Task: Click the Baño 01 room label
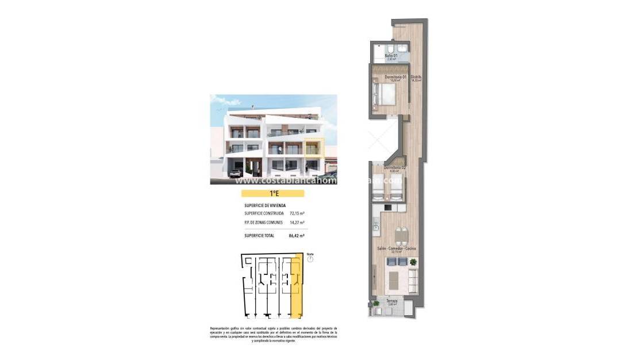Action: coord(391,56)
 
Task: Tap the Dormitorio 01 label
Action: coord(395,77)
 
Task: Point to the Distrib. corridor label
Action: coord(416,77)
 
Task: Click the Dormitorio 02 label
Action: coord(395,167)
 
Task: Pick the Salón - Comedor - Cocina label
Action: coord(396,248)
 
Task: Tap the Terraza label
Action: coord(391,301)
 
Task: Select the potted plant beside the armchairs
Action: coord(413,262)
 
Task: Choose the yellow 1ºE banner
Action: coord(272,194)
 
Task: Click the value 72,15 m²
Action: coord(297,213)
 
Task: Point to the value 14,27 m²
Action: coord(297,223)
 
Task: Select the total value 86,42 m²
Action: coord(297,235)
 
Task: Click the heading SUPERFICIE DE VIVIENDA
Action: coord(265,205)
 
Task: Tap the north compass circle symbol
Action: coord(310,259)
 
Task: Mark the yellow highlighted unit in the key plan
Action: coord(297,288)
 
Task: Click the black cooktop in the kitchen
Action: coord(388,207)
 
